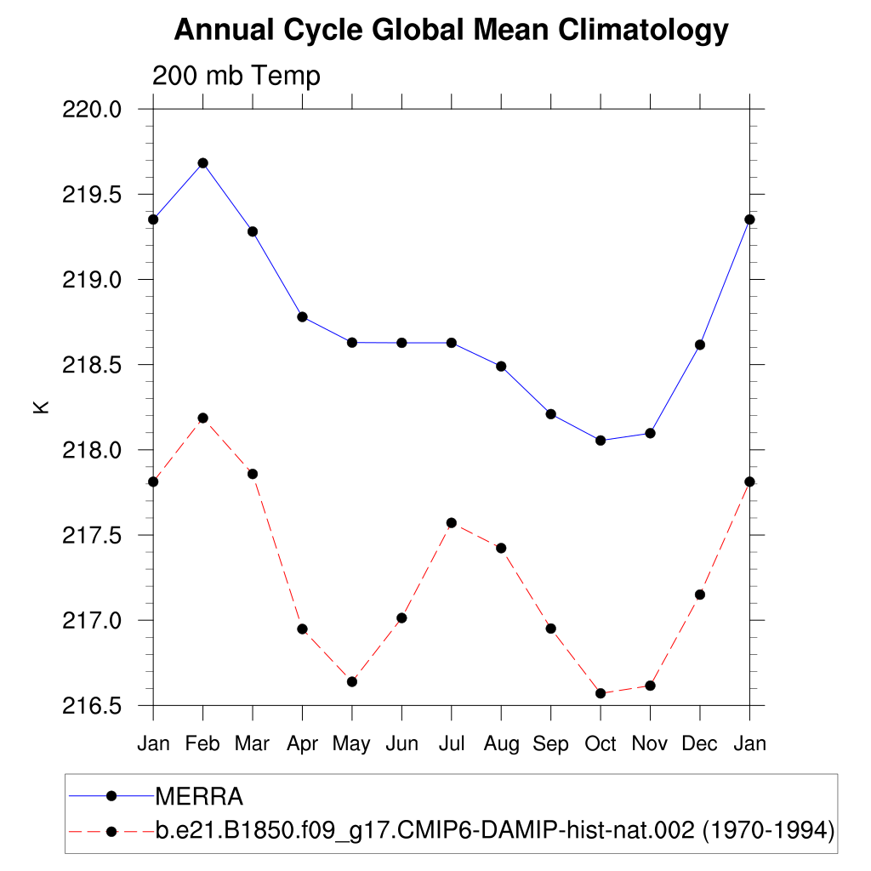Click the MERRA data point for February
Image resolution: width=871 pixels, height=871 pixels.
tap(202, 162)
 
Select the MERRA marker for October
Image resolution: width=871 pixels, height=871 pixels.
tap(601, 440)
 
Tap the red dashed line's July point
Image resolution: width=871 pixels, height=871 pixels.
tap(452, 522)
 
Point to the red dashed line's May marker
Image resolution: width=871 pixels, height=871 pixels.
tap(352, 681)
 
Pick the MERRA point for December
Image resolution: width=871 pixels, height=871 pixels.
tap(700, 344)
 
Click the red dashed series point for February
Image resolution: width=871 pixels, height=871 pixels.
tap(202, 418)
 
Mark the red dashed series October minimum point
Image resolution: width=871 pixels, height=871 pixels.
tap(601, 693)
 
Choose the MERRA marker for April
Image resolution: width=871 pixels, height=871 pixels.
tap(302, 316)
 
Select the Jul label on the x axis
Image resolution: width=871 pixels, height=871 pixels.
tap(452, 743)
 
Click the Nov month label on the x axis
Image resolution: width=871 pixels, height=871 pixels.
tap(650, 743)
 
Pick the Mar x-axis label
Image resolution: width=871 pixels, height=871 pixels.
tap(253, 743)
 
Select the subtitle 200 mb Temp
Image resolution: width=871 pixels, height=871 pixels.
tap(236, 76)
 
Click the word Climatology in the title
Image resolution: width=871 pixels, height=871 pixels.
tap(643, 31)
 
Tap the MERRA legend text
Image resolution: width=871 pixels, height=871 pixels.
tap(199, 797)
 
